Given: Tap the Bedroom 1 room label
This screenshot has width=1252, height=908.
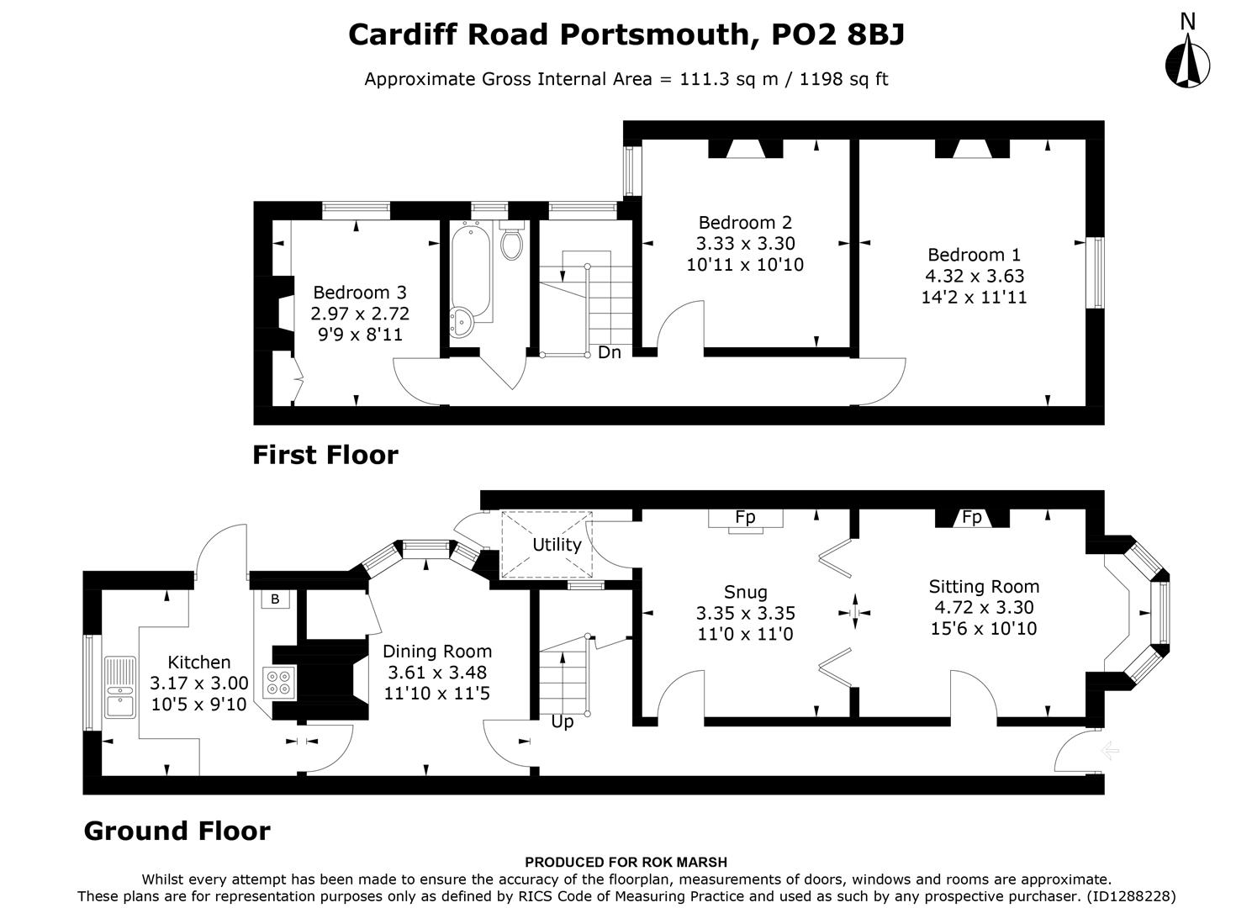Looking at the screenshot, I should pos(974,255).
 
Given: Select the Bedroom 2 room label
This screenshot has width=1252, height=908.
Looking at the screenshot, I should pos(745,223).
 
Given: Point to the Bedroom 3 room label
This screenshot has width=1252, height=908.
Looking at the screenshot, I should pos(359,293).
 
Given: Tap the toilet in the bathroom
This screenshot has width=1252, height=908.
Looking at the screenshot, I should pos(511,242).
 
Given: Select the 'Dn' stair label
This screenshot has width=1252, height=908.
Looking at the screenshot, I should pos(610,352).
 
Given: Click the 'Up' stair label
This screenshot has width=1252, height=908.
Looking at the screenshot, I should pos(562,722).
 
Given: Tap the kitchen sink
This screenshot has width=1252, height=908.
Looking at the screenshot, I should pos(119,687).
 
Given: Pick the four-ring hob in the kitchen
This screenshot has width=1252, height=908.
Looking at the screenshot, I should pos(279,682).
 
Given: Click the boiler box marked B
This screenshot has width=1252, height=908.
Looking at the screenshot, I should pos(274,599).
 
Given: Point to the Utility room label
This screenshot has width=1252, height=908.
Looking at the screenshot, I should pos(557,545).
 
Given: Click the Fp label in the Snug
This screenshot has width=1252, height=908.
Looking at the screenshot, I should pos(745,517).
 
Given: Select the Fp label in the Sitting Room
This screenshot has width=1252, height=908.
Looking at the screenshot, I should pos(971,517).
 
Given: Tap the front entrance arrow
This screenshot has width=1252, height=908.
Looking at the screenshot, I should pos(1109,750).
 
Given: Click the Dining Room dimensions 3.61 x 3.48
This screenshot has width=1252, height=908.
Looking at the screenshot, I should pos(436,673).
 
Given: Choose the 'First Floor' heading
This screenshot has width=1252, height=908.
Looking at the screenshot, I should pos(325,455).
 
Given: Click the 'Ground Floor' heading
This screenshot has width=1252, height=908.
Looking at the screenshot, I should pos(177,831).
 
